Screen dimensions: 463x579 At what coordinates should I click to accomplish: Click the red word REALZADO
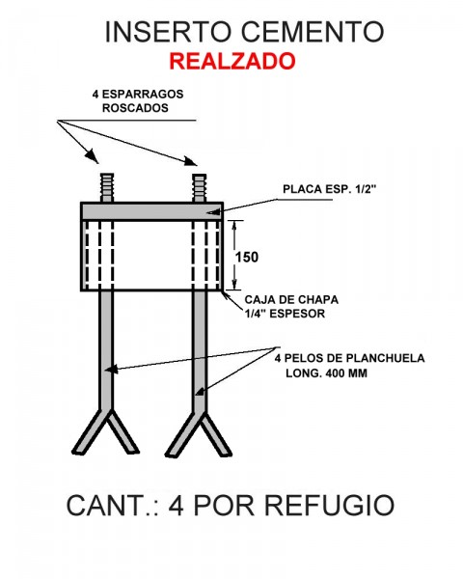click(x=232, y=62)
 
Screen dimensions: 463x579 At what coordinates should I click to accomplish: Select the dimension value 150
click(x=246, y=257)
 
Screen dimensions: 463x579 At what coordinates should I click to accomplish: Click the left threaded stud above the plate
click(x=107, y=187)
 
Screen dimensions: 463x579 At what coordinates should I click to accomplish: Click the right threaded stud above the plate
click(x=200, y=187)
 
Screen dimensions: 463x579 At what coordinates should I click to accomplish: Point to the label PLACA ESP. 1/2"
click(x=329, y=189)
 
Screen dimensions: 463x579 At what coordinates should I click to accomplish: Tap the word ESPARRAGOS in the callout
click(x=143, y=95)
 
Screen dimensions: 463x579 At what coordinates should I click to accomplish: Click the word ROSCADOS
click(x=135, y=108)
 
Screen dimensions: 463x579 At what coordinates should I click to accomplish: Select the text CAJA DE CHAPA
click(x=291, y=299)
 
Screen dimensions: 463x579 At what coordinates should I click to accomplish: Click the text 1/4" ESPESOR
click(x=285, y=314)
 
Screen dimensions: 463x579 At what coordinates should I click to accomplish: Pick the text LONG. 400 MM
click(x=326, y=372)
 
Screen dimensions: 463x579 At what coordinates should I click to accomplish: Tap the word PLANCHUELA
click(x=385, y=358)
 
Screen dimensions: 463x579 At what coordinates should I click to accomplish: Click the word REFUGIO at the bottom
click(x=329, y=506)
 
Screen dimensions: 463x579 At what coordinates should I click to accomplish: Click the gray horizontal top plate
click(x=151, y=211)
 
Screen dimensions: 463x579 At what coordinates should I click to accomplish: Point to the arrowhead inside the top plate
click(x=213, y=212)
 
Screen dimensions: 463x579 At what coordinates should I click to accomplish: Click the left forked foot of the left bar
click(x=88, y=432)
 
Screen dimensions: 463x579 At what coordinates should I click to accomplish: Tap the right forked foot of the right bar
click(x=217, y=435)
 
